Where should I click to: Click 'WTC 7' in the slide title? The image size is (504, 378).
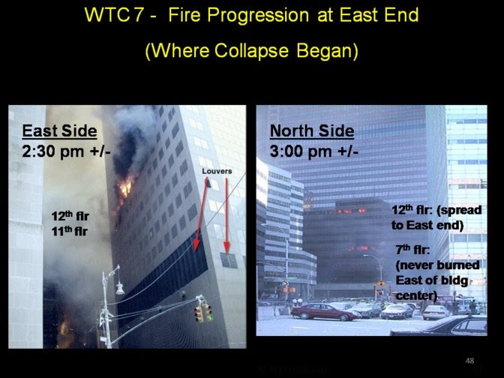pyautogui.click(x=117, y=15)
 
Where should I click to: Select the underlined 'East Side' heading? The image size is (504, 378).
pyautogui.click(x=59, y=131)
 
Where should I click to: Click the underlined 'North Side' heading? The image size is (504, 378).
pyautogui.click(x=311, y=131)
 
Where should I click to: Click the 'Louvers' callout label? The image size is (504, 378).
pyautogui.click(x=217, y=171)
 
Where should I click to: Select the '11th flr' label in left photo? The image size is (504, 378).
pyautogui.click(x=68, y=231)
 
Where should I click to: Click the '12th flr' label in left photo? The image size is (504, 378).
pyautogui.click(x=68, y=217)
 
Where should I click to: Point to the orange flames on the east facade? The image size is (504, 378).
pyautogui.click(x=125, y=187)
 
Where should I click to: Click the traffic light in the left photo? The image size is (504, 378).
pyautogui.click(x=202, y=313)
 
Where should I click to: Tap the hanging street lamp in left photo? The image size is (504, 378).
pyautogui.click(x=119, y=287)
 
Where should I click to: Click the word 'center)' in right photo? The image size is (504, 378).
pyautogui.click(x=416, y=295)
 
